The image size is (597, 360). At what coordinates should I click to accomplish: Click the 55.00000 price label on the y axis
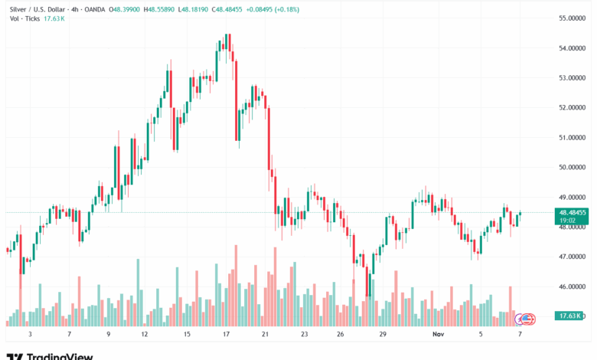573,18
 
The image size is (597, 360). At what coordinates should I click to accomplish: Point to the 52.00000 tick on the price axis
573,107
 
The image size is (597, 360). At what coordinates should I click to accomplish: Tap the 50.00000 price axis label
573,167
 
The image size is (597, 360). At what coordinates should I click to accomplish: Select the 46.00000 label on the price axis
573,286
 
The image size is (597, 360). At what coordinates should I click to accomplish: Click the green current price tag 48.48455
573,212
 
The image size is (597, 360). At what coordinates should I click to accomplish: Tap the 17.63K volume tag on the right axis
571,316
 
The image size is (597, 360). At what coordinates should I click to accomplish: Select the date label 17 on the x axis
227,335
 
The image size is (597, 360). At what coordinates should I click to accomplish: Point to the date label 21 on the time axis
265,335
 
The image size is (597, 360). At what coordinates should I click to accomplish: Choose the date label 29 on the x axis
382,335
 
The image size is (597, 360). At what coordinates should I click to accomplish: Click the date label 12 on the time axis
145,335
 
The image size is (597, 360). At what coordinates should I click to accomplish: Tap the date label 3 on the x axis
29,335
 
